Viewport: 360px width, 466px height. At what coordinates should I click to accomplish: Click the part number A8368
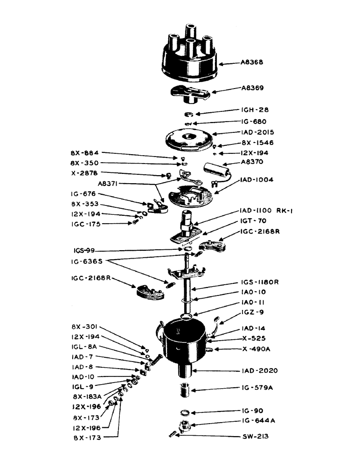[x=255, y=62]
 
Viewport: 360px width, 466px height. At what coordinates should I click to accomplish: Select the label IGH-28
[x=255, y=110]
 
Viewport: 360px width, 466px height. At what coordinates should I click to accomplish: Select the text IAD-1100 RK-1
[x=266, y=211]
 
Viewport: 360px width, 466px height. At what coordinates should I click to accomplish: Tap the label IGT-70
[x=254, y=221]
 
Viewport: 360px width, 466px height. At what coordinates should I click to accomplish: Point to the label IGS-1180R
[x=261, y=282]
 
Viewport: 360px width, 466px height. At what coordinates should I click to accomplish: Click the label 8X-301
[x=84, y=327]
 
